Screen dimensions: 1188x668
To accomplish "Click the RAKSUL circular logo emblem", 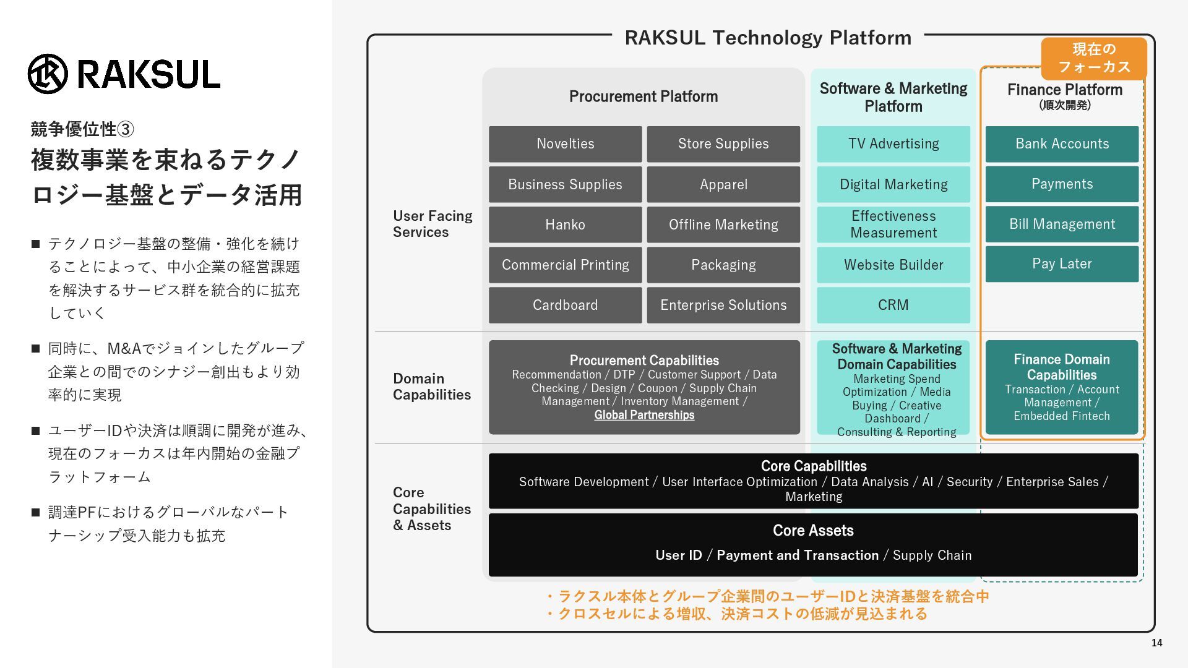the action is click(x=48, y=74).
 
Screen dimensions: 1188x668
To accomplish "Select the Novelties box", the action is click(x=565, y=144).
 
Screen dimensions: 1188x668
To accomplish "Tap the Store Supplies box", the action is click(x=723, y=144).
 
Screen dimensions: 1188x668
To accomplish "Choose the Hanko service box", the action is click(x=565, y=225).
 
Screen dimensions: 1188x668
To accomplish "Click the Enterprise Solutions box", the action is click(x=723, y=305).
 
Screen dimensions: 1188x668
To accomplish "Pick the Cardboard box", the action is click(x=565, y=305).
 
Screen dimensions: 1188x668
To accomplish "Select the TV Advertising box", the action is click(x=893, y=144).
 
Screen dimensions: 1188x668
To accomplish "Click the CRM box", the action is click(x=893, y=305).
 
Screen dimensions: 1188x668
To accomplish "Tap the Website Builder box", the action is click(x=893, y=265).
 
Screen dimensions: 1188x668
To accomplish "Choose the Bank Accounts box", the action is click(x=1062, y=144).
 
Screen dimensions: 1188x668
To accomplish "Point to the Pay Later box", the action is click(x=1062, y=264).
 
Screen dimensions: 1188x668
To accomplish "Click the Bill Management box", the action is click(x=1062, y=224).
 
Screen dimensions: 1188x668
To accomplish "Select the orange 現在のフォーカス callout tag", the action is click(x=1094, y=58).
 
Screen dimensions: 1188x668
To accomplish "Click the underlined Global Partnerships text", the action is click(x=644, y=415).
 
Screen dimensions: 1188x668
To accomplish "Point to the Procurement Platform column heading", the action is click(x=643, y=96).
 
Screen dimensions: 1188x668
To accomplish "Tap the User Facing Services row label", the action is click(x=433, y=224).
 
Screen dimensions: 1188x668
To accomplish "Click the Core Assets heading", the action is click(x=813, y=531).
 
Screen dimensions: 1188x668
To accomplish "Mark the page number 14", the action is click(x=1156, y=643).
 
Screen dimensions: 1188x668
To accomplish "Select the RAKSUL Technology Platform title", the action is click(x=768, y=38).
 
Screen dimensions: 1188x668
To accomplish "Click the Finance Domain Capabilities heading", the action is click(x=1062, y=367).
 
